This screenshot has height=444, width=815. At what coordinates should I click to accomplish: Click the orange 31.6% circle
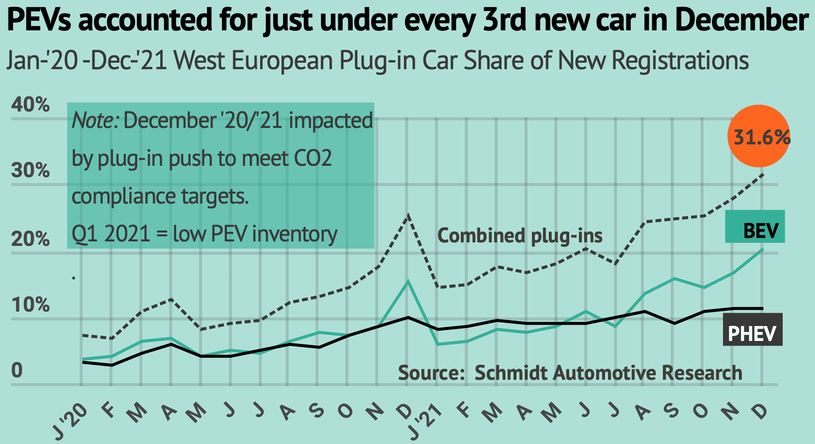pyautogui.click(x=758, y=136)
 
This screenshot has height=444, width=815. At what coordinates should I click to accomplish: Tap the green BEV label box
pyautogui.click(x=755, y=227)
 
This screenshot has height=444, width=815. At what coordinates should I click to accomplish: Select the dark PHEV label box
pyautogui.click(x=752, y=330)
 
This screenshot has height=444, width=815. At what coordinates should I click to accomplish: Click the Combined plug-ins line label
pyautogui.click(x=519, y=235)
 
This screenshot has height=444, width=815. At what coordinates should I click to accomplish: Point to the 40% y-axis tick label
pyautogui.click(x=31, y=105)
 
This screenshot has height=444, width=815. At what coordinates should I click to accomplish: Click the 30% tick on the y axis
pyautogui.click(x=31, y=171)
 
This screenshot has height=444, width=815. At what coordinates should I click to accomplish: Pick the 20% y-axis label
pyautogui.click(x=31, y=239)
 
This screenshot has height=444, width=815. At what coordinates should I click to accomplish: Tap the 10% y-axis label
pyautogui.click(x=31, y=305)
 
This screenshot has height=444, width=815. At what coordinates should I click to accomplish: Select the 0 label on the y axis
pyautogui.click(x=17, y=371)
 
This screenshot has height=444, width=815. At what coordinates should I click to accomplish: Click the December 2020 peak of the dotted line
pyautogui.click(x=408, y=216)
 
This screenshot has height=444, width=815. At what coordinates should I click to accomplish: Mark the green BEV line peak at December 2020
pyautogui.click(x=408, y=282)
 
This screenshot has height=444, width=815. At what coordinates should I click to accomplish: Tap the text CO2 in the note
pyautogui.click(x=313, y=159)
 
